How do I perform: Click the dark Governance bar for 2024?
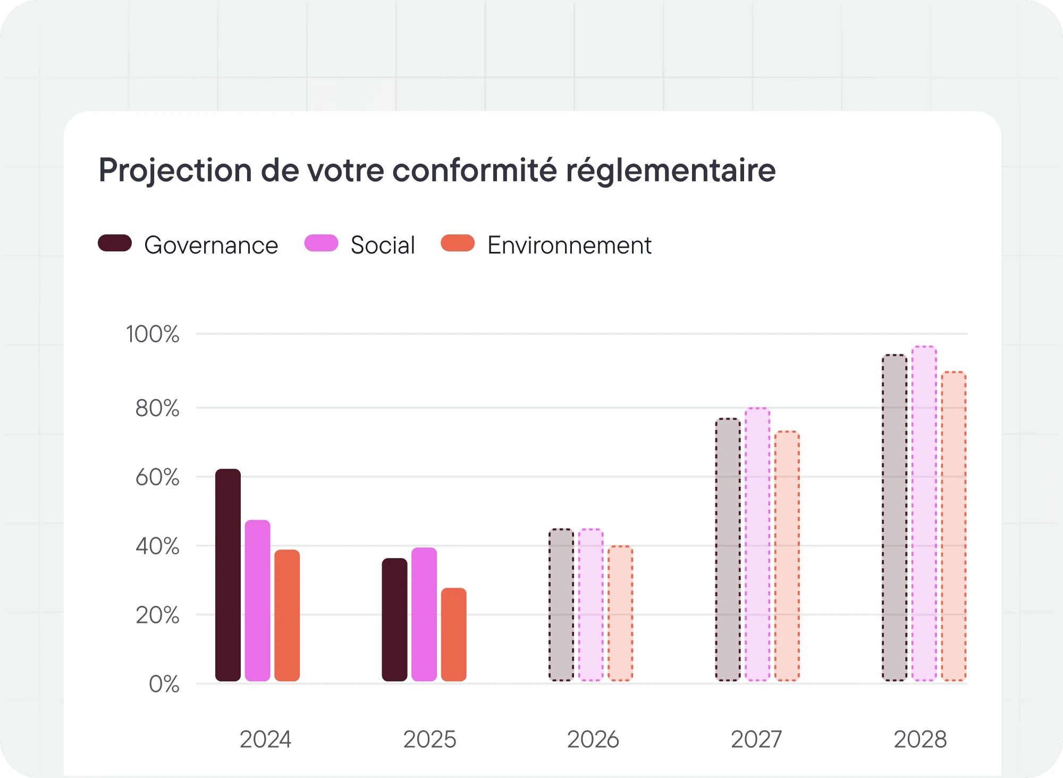(228, 574)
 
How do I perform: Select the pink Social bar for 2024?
(258, 601)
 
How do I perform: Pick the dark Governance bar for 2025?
(394, 619)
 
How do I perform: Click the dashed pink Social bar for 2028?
(924, 513)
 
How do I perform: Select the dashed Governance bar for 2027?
(728, 549)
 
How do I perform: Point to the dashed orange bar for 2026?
(620, 613)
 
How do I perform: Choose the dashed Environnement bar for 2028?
(954, 526)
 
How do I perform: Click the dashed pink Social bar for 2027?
(757, 544)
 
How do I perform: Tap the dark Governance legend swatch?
(115, 243)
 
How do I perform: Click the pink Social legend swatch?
(321, 243)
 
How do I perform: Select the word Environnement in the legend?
(569, 246)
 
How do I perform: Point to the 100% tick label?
(153, 334)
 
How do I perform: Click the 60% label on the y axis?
(157, 477)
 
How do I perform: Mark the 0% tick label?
(164, 684)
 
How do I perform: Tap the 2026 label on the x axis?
(593, 739)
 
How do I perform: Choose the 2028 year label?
(920, 739)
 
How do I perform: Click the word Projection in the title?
(175, 171)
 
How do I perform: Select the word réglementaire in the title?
(670, 171)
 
